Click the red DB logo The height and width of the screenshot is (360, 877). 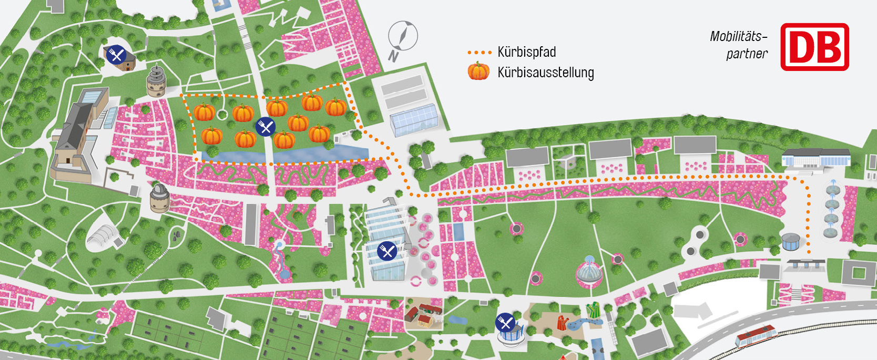coord(814,47)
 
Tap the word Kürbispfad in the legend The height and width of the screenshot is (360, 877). coord(526,52)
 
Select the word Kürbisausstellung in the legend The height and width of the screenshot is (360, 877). coord(545,72)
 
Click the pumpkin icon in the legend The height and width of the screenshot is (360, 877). coord(478,71)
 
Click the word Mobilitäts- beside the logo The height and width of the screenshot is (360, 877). coord(738,36)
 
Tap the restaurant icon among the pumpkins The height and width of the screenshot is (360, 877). coord(266,127)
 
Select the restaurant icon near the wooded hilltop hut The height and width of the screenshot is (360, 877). coord(116,54)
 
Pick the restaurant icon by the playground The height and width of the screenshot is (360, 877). coord(505,322)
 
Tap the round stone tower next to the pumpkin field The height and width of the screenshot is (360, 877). coord(157,81)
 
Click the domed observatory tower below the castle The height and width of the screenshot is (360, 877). coord(160,197)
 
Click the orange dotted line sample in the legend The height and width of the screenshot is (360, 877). coord(479,53)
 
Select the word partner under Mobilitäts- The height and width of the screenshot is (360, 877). coord(747,54)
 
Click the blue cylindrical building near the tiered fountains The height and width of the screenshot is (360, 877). coord(790,242)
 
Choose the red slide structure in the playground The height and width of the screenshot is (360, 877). coord(563,322)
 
